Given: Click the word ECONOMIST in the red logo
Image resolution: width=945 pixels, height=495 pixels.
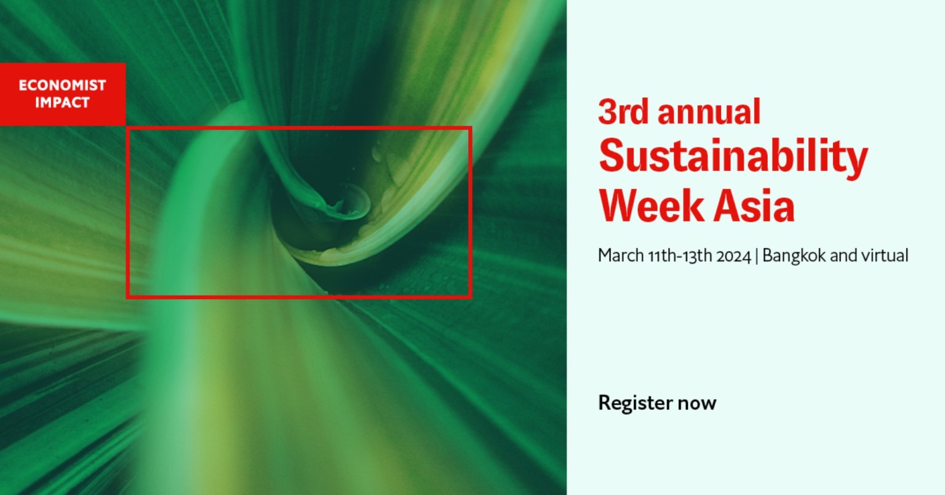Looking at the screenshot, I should click(62, 86).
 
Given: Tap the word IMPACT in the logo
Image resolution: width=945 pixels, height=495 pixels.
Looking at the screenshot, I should click(62, 102).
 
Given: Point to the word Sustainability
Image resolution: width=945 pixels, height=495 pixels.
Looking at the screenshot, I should click(733, 158).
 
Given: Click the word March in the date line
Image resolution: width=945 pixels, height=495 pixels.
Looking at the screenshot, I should click(621, 256).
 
